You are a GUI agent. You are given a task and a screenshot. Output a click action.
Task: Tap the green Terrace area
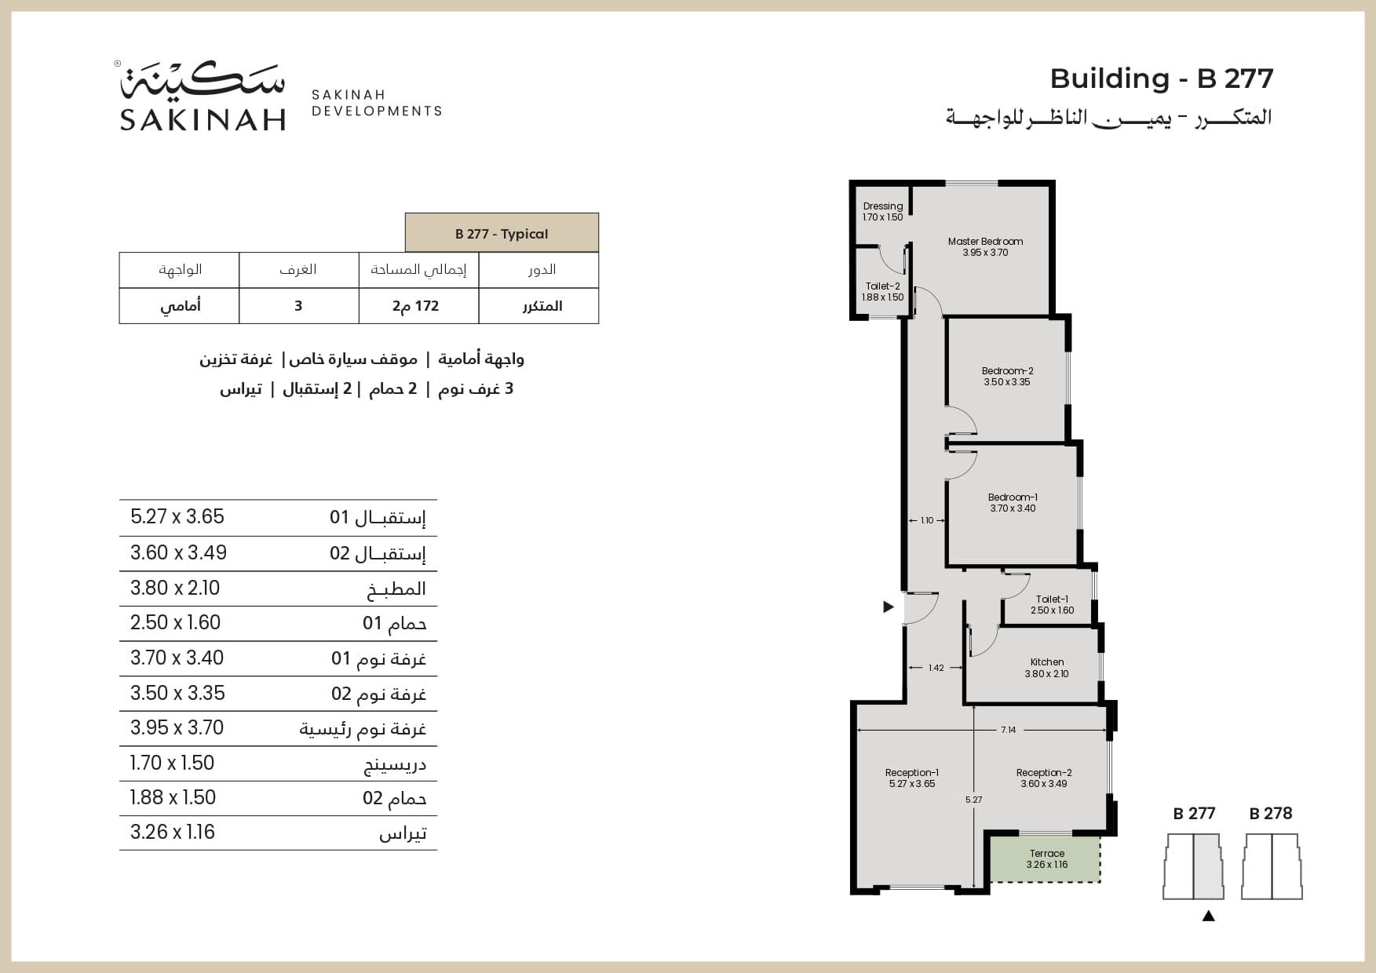1046,859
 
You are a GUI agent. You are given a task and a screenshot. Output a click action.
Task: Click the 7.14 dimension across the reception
1008,730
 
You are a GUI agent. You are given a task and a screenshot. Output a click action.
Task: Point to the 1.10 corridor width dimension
927,520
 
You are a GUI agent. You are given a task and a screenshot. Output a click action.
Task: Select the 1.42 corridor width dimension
936,668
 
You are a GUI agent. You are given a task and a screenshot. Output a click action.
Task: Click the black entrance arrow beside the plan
889,607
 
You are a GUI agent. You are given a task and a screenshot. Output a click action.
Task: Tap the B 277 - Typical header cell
502,233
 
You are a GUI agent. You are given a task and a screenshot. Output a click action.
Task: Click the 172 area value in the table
417,306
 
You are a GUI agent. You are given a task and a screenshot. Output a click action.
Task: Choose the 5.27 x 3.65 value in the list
177,517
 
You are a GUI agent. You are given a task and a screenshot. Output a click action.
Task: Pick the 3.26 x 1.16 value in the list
173,833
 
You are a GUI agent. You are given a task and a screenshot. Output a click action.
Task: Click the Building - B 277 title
1161,78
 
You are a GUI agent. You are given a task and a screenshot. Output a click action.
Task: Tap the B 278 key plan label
1270,814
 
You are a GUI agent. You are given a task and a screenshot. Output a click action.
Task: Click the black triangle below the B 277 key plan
1208,915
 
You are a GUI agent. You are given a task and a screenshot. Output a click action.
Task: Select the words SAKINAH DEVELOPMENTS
377,103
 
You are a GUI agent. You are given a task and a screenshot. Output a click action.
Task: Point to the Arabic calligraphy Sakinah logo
203,79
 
